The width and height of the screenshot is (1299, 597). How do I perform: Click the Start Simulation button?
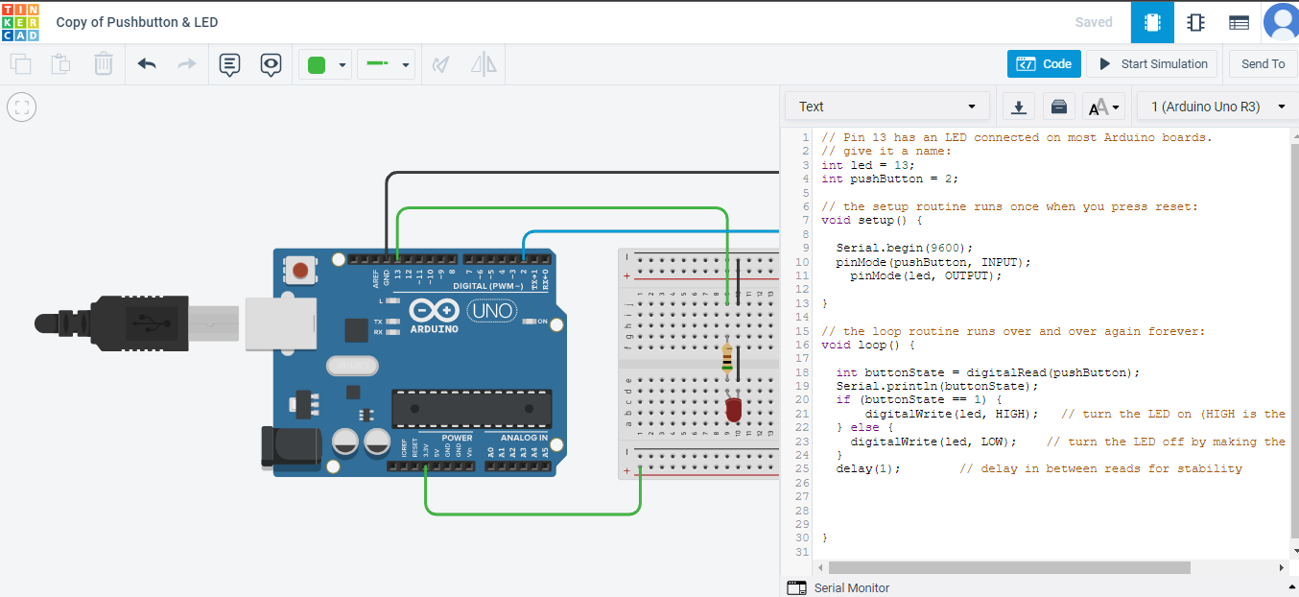[x=1152, y=64]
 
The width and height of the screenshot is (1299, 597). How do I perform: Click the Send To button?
[x=1263, y=64]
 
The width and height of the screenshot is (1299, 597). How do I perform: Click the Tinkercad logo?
[x=20, y=22]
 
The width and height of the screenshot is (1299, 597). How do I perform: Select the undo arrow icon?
[x=147, y=64]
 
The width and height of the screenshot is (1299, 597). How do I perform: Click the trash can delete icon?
[x=104, y=64]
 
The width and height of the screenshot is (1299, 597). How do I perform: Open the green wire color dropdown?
[x=325, y=64]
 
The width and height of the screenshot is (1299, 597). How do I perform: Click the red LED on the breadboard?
[x=734, y=410]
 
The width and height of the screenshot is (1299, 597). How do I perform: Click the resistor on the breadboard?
[x=727, y=359]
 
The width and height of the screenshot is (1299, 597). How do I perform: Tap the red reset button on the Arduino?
[x=301, y=270]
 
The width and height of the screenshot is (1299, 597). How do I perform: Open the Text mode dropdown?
[x=886, y=107]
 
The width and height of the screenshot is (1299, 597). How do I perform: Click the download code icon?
[x=1019, y=107]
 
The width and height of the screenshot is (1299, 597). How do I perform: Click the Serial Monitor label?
[x=851, y=587]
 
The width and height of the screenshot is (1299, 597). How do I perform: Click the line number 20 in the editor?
[x=803, y=400]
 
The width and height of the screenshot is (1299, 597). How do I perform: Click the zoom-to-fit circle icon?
[x=21, y=107]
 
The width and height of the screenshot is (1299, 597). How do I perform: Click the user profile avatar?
[x=1281, y=22]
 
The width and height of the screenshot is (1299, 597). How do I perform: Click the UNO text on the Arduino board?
[x=491, y=312]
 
